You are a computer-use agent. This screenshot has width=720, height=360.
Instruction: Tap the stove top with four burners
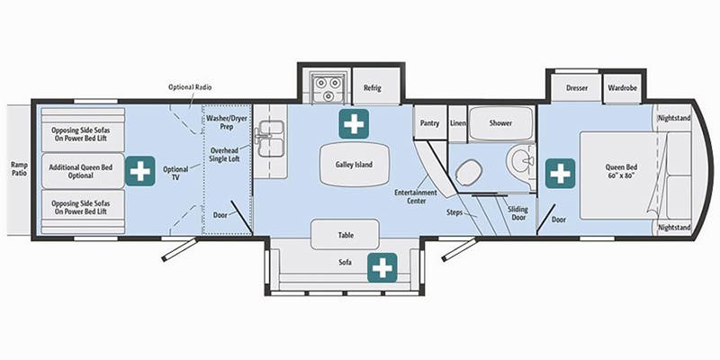pyautogui.click(x=324, y=87)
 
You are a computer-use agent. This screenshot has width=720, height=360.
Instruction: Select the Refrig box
pyautogui.click(x=373, y=87)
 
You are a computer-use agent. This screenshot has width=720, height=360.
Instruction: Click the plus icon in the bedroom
pyautogui.click(x=560, y=171)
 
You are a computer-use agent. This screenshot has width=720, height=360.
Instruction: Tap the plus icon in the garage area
pyautogui.click(x=139, y=170)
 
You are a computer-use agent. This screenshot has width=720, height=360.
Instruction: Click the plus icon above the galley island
pyautogui.click(x=352, y=124)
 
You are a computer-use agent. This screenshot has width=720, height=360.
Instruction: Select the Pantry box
pyautogui.click(x=428, y=122)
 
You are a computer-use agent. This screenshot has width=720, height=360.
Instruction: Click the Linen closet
pyautogui.click(x=457, y=122)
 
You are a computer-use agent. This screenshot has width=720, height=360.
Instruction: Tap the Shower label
pyautogui.click(x=499, y=122)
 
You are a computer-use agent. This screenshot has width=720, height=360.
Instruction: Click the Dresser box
pyautogui.click(x=577, y=88)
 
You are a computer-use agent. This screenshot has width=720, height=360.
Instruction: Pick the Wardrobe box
pyautogui.click(x=621, y=88)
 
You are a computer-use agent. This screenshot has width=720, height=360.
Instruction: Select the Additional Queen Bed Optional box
pyautogui.click(x=81, y=170)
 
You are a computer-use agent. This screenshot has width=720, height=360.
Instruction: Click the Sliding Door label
pyautogui.click(x=517, y=212)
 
